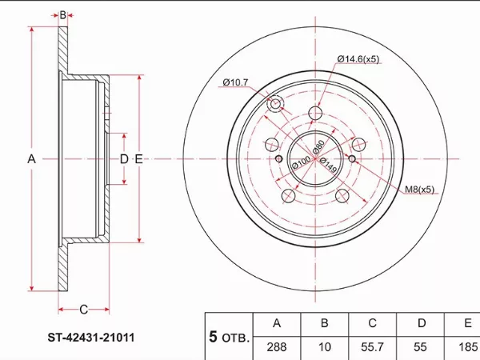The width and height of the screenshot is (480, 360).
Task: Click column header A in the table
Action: (x=277, y=323)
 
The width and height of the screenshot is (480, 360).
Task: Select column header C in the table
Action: (x=372, y=323)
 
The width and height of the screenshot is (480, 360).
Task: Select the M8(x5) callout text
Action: (x=418, y=190)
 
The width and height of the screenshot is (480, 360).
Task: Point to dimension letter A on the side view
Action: (x=32, y=159)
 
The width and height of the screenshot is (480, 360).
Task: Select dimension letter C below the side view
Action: (x=83, y=310)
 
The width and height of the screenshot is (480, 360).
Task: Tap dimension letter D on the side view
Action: (x=124, y=159)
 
